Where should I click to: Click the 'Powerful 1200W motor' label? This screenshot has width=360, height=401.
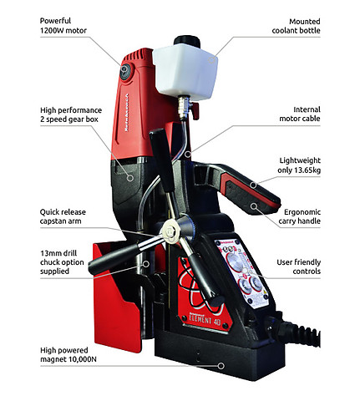(x=63, y=26)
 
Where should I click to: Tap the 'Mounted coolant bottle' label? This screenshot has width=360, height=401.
(x=296, y=26)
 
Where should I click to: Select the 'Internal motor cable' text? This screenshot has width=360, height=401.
(x=300, y=114)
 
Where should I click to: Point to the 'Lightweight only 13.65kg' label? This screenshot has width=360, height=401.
(x=299, y=165)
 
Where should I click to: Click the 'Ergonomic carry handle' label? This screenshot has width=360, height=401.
(x=299, y=216)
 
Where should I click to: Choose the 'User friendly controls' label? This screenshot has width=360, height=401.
(x=298, y=266)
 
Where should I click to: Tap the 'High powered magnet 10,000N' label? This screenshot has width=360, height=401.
(x=68, y=354)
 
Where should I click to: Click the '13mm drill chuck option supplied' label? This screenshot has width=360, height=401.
(x=62, y=262)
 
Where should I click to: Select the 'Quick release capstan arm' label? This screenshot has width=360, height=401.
(x=63, y=216)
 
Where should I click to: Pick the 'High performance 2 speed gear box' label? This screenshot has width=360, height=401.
(x=71, y=114)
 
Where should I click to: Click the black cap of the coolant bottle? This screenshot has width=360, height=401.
(x=187, y=41)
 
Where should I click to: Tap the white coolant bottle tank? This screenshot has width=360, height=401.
(x=185, y=71)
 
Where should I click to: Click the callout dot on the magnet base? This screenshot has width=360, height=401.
(x=221, y=366)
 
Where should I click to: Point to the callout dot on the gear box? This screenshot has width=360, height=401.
(x=130, y=177)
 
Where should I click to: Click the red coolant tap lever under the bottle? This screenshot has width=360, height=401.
(x=195, y=110)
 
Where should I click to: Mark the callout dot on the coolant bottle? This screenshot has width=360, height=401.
(x=212, y=59)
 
